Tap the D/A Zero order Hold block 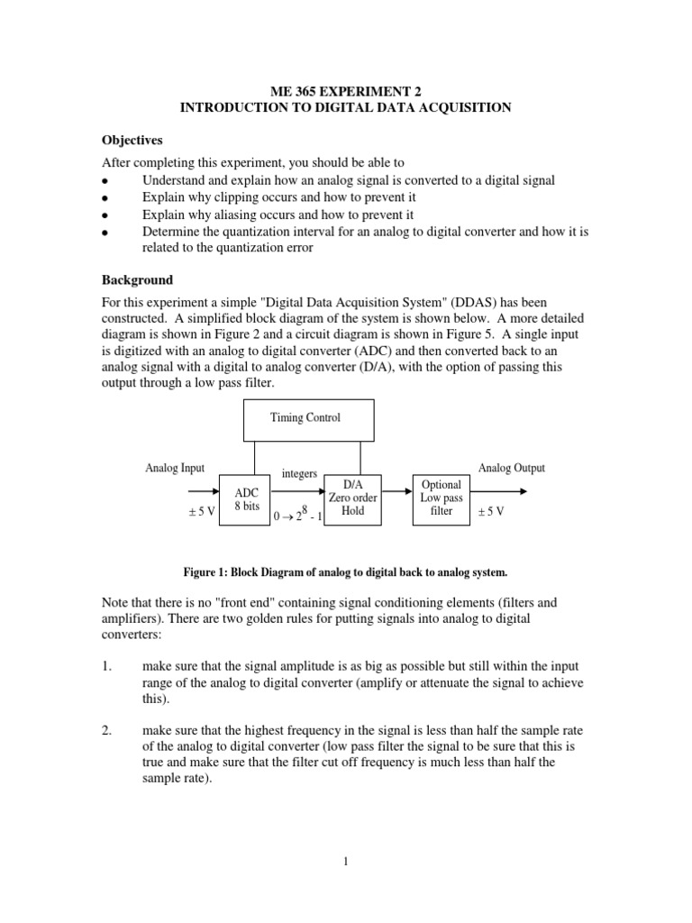coord(351,498)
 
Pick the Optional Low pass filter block coord(441,498)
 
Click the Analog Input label coord(175,469)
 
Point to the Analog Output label coord(511,469)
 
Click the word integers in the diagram coord(299,473)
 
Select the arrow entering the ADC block coord(204,492)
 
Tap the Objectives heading coord(132,141)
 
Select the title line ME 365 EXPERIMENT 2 coord(345,91)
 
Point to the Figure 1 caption coord(346,571)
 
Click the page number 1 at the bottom coord(345,861)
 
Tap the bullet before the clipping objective coord(105,199)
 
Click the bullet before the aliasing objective coord(105,216)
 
